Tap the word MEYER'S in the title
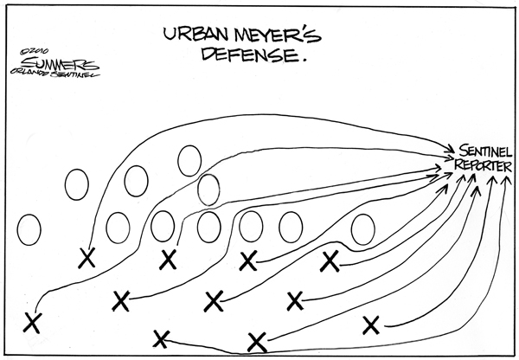tap(278, 35)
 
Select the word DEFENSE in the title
tap(249, 55)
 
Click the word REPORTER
tap(483, 165)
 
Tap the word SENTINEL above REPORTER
tap(485, 151)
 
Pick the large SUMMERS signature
tap(58, 63)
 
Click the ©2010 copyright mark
tap(35, 51)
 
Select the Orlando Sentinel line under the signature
tap(55, 73)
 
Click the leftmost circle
tap(29, 230)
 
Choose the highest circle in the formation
tap(189, 161)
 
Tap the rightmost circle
tap(363, 229)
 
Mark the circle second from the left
tap(77, 184)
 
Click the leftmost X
tap(33, 323)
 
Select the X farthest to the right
tap(371, 325)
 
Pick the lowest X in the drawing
tap(257, 343)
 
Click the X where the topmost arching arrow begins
tap(87, 258)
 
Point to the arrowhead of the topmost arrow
tap(449, 148)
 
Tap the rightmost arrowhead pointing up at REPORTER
tap(506, 181)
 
